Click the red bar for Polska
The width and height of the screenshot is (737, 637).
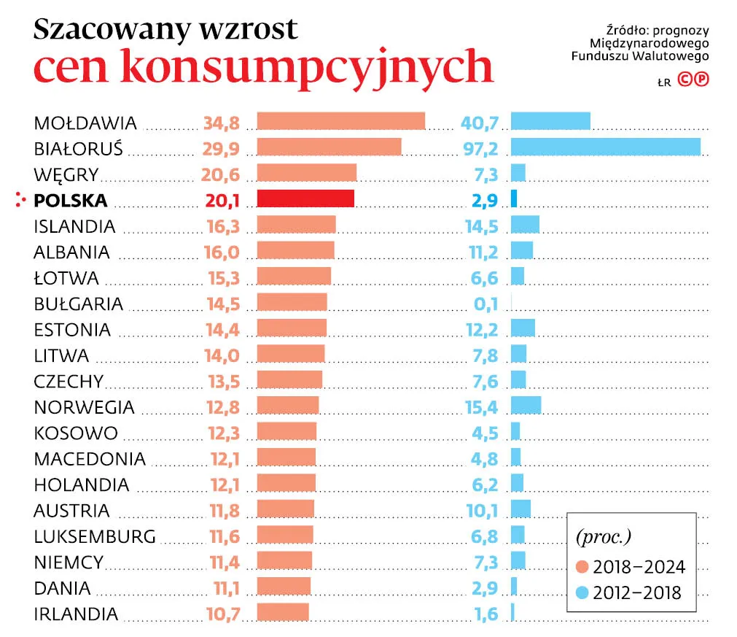(x=305, y=199)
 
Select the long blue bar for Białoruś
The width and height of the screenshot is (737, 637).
(x=605, y=147)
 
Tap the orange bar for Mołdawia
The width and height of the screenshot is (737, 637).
(x=340, y=121)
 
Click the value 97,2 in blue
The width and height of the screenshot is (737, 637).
(x=480, y=149)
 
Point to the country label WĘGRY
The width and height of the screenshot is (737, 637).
(x=66, y=175)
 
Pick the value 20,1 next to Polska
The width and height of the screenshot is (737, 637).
(x=223, y=201)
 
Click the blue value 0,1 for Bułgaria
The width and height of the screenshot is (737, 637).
(x=485, y=304)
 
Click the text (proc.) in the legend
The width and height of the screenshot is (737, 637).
(x=603, y=538)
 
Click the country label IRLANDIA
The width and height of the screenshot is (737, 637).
(x=76, y=614)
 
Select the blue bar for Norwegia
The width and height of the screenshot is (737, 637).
(x=526, y=406)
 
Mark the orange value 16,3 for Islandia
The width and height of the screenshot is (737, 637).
(x=223, y=226)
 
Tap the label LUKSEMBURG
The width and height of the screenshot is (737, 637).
(x=95, y=536)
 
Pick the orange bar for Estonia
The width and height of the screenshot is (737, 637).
(x=292, y=328)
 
